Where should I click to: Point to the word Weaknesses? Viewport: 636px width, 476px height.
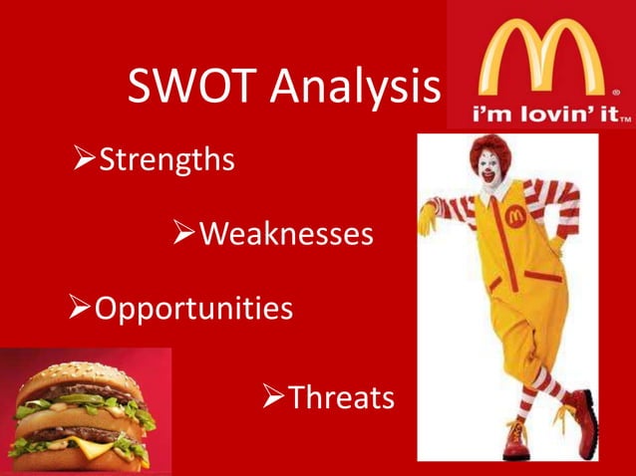click(x=287, y=234)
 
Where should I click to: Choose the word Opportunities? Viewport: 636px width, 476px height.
click(x=193, y=308)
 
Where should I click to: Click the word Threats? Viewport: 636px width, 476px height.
click(x=341, y=398)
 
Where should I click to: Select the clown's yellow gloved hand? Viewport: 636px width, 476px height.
click(x=429, y=216)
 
